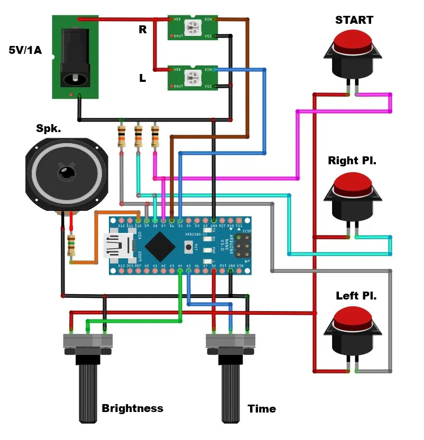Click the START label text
[354, 20]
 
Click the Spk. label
[49, 128]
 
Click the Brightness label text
[132, 408]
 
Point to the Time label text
[262, 409]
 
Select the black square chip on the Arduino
[160, 246]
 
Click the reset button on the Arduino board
[188, 246]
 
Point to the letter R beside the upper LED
[143, 30]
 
